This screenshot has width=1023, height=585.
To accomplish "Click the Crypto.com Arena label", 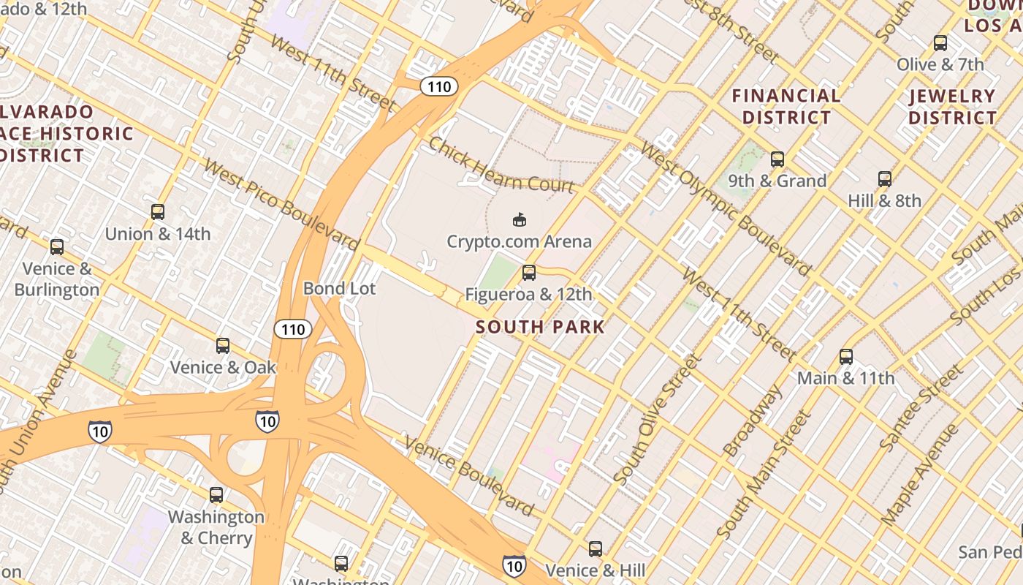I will pos(519,241).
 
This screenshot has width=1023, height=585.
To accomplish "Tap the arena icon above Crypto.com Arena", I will pos(519,219).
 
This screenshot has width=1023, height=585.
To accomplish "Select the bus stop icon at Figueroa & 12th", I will pos(528,273).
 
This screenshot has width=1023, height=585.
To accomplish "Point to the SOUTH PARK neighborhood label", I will pos(540,327).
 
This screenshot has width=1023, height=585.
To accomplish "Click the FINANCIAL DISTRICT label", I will pos(786,107).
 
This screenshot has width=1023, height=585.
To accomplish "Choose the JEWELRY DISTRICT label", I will pos(952,107).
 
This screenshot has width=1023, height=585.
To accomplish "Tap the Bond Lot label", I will pos(339,289).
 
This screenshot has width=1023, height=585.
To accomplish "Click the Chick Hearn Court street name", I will pos(501,165).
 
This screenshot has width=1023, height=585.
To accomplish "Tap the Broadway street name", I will pos(753,420).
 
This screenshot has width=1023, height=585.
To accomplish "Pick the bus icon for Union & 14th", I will pos(157,212).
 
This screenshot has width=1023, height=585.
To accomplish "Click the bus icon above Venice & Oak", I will pos(223,345).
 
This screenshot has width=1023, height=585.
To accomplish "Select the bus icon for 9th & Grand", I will pos(777,159).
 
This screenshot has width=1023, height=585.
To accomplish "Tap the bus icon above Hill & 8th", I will pos(884,178).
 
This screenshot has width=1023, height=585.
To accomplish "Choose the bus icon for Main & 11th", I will pos(845,357).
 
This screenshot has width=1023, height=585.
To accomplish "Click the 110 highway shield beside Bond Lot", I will pos(293,329).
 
